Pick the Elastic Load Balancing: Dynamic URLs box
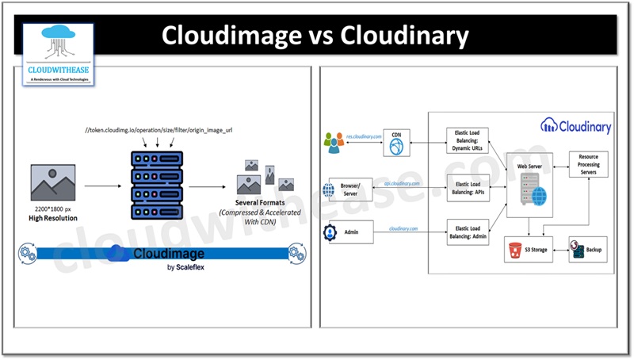(468, 140)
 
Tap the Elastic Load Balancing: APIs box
(468, 188)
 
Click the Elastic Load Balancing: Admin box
(468, 233)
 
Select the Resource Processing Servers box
(588, 164)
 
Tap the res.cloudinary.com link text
(364, 136)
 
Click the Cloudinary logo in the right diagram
(576, 125)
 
